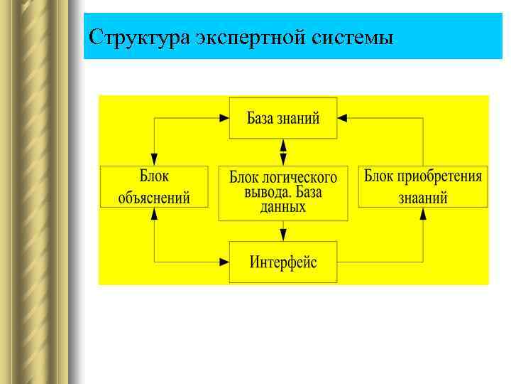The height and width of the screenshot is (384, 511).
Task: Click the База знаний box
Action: [283, 117]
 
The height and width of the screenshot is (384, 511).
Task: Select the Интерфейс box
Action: [283, 262]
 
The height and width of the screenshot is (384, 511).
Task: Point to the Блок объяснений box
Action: [154, 186]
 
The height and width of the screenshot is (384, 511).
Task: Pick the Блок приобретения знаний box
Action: [423, 186]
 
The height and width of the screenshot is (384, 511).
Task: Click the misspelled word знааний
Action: [423, 198]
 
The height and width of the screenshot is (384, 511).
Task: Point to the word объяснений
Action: [154, 198]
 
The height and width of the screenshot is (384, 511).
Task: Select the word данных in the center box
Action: [283, 208]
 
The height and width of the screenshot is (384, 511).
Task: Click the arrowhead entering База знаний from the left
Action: [223, 117]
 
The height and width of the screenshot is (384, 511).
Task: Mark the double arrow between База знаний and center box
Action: [283, 152]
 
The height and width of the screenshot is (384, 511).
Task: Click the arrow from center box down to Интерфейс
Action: [283, 230]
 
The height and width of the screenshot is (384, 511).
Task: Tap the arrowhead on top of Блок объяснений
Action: [154, 159]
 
